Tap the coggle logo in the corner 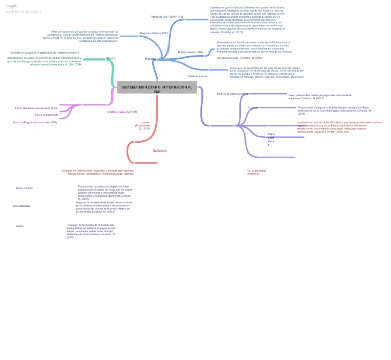11,6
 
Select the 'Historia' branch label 150,59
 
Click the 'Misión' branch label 111,58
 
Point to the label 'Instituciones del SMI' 122,112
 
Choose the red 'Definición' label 159,151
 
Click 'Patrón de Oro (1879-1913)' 167,17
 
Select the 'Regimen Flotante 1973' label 154,33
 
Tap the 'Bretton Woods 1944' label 190,52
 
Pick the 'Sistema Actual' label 198,76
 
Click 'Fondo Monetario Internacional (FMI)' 36,108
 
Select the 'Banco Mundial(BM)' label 46,115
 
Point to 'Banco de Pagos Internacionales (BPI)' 35,122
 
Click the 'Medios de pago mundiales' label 233,94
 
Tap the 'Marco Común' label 24,188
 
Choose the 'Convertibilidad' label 21,206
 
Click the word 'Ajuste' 19,226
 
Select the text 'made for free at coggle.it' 23,11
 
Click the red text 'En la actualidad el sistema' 257,172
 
